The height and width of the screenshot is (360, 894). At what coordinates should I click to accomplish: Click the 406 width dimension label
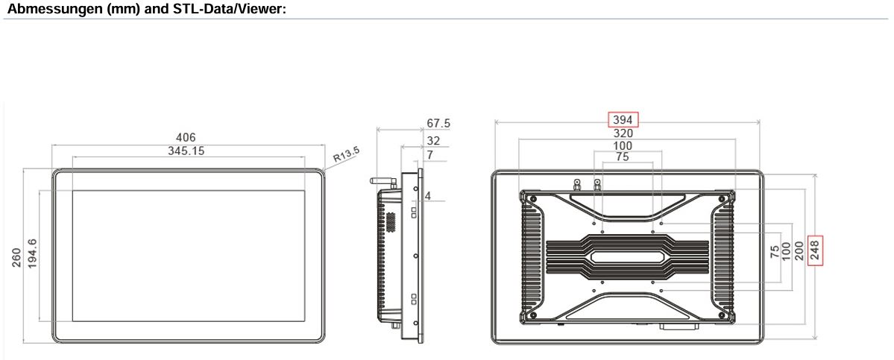186,138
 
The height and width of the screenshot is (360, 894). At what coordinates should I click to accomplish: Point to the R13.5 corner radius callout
347,155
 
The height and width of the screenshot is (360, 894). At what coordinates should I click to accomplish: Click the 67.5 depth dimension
438,124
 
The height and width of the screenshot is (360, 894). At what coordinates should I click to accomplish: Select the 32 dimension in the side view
433,141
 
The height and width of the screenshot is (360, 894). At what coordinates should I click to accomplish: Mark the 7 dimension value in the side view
429,155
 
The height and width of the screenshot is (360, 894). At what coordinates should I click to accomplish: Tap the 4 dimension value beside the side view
427,196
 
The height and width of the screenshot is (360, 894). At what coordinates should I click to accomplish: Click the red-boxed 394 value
623,120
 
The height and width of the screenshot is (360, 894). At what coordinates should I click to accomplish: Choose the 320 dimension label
623,134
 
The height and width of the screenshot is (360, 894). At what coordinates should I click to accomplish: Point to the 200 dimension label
799,250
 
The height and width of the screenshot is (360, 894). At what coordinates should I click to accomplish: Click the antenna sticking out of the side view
384,182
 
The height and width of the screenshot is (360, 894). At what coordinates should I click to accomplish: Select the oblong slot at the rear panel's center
627,257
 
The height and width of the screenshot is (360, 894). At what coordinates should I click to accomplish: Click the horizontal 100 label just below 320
623,146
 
